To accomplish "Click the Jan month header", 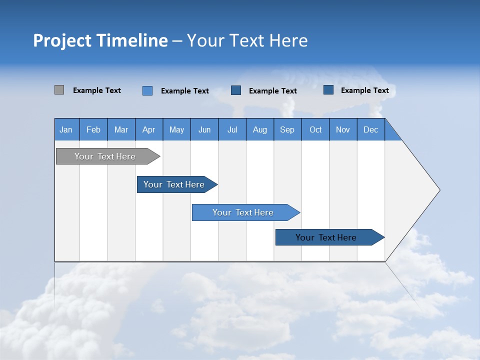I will tap(66, 129).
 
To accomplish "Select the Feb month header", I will tap(93, 129).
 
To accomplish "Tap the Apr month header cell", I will tap(149, 129).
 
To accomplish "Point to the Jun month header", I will tap(204, 129).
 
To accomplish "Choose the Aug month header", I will tap(260, 129).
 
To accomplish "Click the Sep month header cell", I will tap(287, 129).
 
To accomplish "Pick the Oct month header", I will tap(315, 129).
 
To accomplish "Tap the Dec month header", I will tap(371, 129).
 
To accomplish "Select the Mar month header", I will tap(121, 129).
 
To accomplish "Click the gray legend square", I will tap(59, 90).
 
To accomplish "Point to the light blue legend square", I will tap(147, 90).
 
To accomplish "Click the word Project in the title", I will tap(62, 40).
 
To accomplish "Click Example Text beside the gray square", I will tap(97, 90).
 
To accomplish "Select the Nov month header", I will tap(343, 129).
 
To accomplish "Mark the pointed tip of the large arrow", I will tap(439, 190).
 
